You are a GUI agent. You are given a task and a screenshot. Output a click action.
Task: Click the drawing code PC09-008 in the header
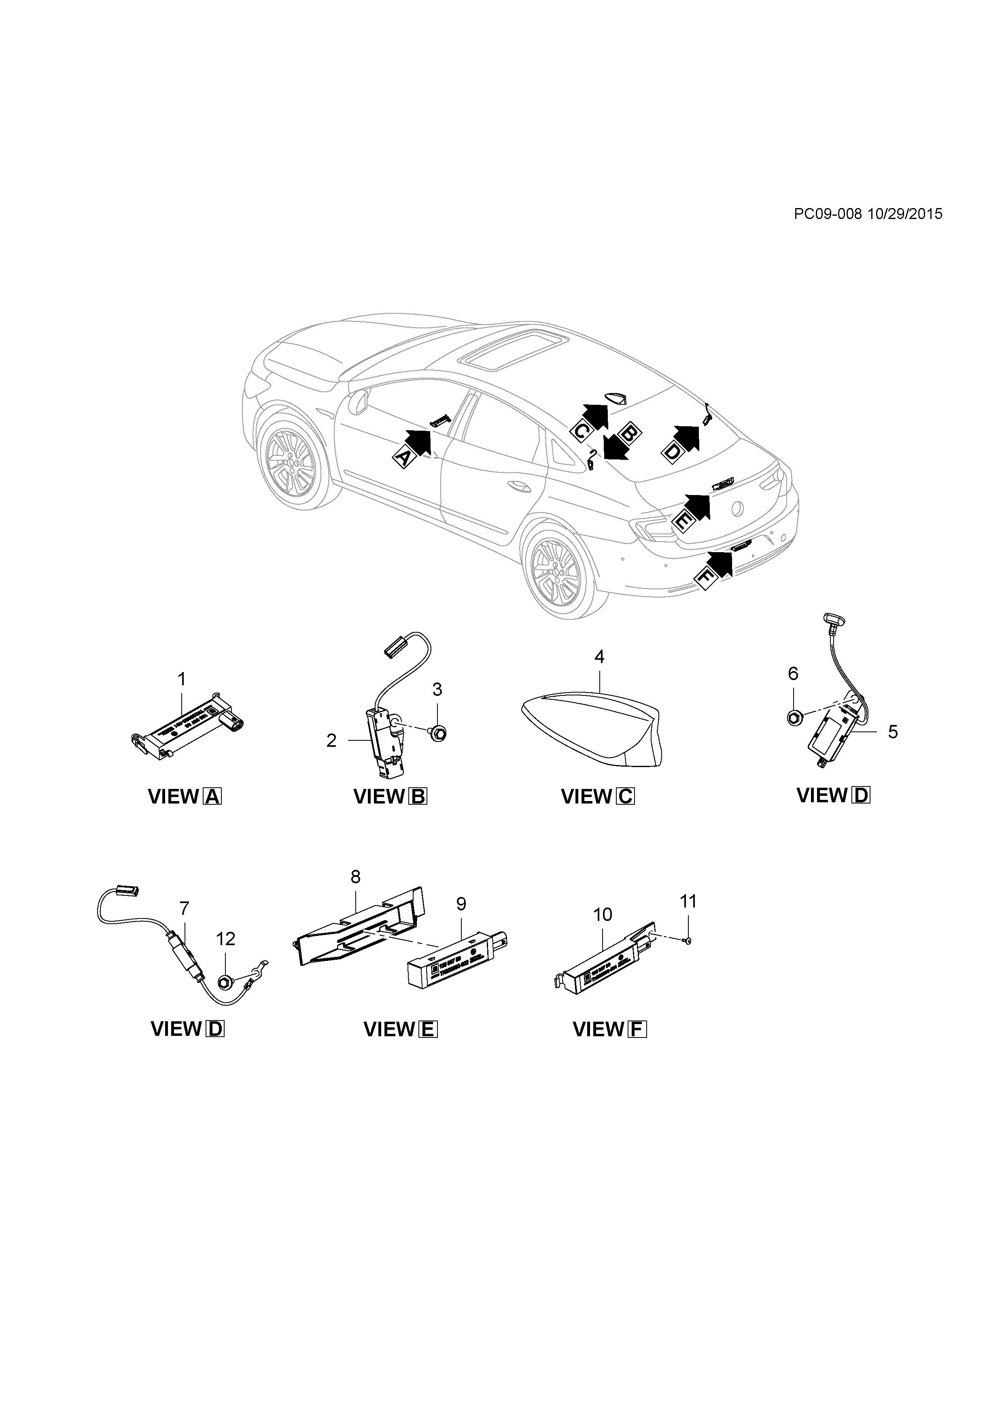(x=827, y=214)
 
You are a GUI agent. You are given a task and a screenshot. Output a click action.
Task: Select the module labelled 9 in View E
(x=454, y=965)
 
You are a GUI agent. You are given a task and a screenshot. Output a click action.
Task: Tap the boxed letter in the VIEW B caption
(x=418, y=797)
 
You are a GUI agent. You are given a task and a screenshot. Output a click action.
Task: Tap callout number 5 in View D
(x=893, y=731)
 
